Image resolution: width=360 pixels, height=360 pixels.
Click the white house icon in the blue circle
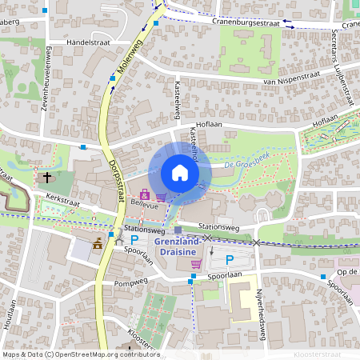[179, 173]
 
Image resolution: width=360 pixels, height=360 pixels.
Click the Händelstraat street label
[88, 42]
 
